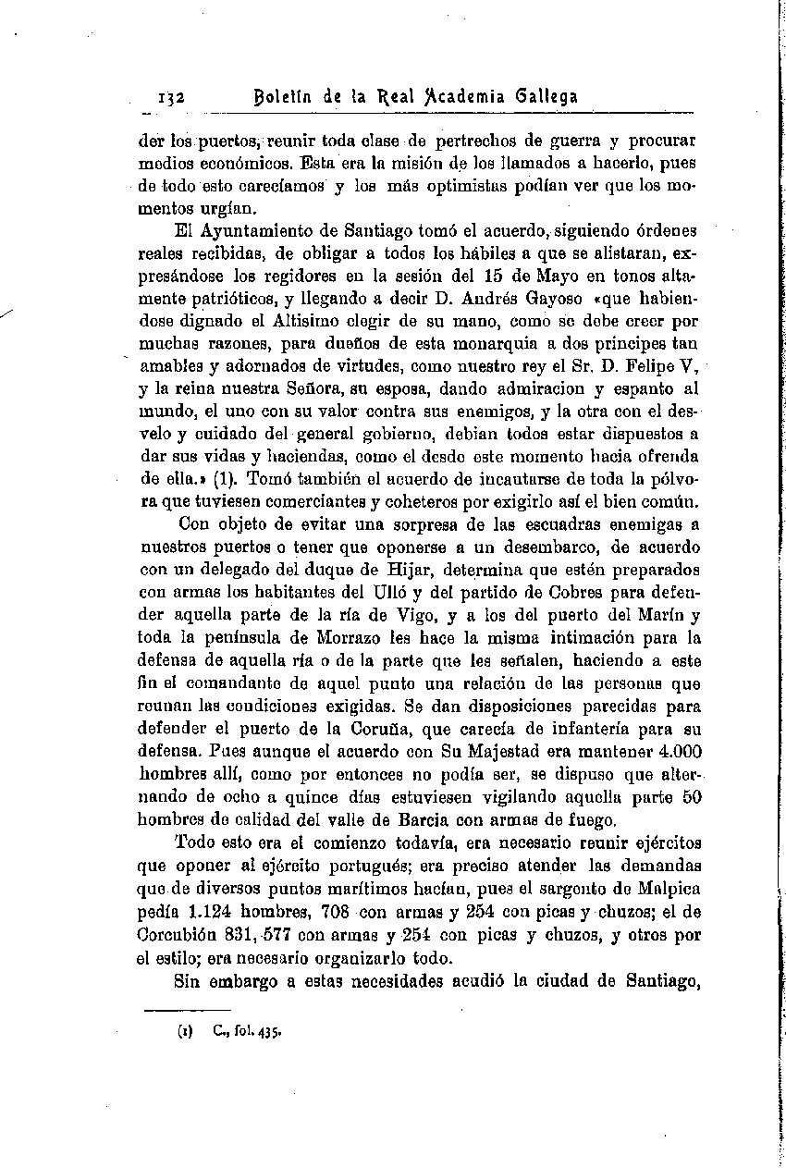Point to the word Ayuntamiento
257,230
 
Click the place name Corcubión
177,934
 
